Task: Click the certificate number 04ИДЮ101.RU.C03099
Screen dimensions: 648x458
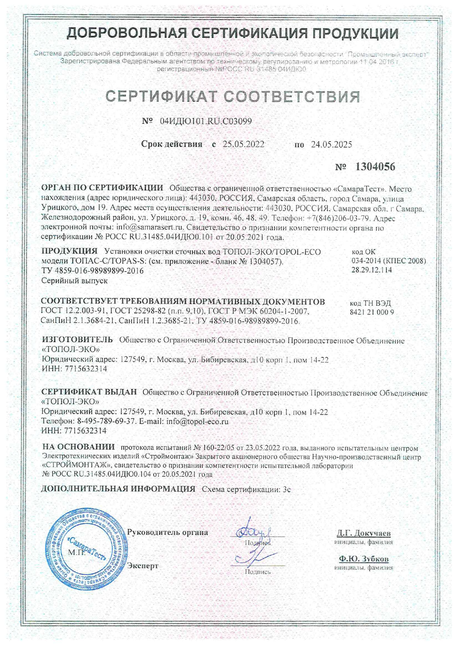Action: (206, 121)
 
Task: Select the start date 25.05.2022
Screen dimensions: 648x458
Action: (243, 144)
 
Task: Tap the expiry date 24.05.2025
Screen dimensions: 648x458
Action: (331, 144)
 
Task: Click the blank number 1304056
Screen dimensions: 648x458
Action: (375, 167)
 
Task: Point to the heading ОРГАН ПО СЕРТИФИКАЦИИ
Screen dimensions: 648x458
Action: (102, 188)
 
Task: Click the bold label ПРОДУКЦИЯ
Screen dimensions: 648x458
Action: (69, 251)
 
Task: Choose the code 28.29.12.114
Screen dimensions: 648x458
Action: (372, 270)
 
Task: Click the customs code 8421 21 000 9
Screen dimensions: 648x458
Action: (372, 312)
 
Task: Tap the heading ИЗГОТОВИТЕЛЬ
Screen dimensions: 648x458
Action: (77, 340)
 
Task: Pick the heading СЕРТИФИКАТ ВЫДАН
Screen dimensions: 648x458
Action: (89, 392)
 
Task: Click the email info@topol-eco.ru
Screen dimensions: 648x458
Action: (197, 421)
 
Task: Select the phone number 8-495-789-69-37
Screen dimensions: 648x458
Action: (107, 421)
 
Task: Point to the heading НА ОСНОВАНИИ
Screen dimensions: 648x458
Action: (78, 447)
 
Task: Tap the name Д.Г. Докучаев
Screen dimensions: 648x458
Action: (363, 533)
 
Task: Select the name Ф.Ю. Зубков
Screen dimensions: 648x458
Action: (363, 559)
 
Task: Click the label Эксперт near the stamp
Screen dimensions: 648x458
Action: (143, 566)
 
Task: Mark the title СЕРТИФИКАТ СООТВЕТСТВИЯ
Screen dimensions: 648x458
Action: (233, 97)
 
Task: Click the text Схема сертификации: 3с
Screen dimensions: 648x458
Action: (246, 490)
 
